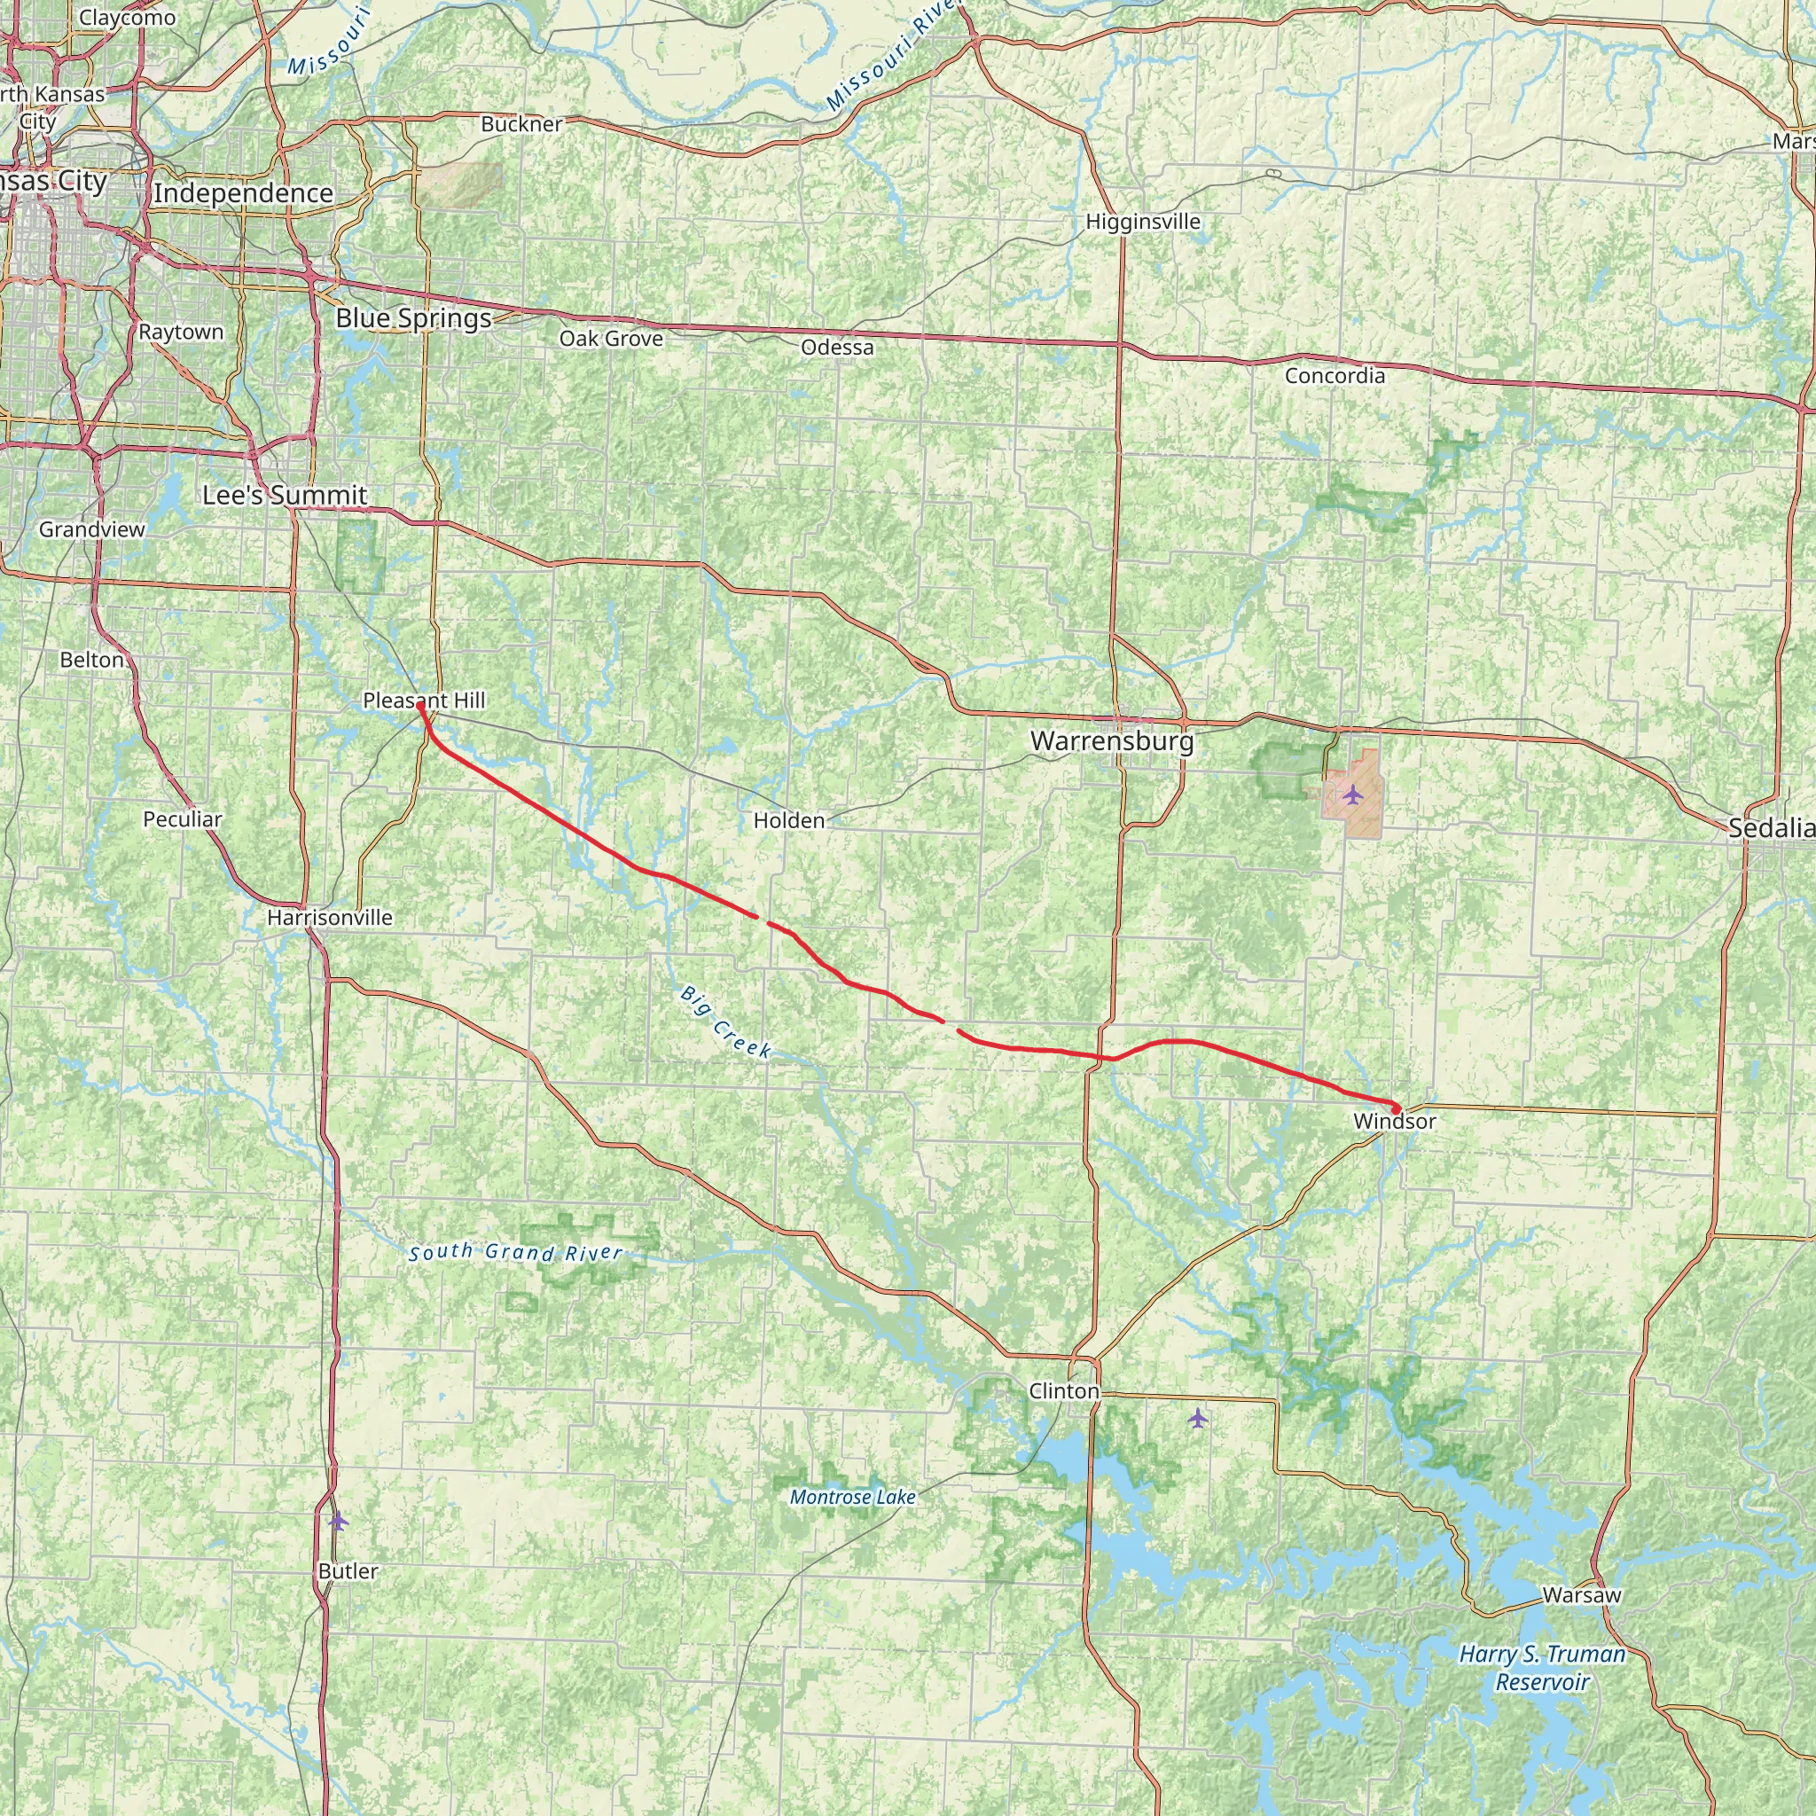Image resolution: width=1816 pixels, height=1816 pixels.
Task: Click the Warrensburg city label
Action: tap(1112, 741)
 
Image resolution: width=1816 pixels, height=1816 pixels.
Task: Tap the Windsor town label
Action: tap(1395, 1122)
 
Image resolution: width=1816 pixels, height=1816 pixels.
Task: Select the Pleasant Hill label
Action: tap(424, 701)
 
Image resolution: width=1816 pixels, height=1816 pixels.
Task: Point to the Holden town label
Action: tap(788, 820)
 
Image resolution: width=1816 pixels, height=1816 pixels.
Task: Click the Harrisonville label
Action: tap(329, 918)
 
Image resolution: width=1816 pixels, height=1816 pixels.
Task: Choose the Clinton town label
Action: tap(1063, 1391)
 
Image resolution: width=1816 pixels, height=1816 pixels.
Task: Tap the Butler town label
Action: tap(348, 1571)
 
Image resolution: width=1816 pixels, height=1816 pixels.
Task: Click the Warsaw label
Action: tap(1582, 1595)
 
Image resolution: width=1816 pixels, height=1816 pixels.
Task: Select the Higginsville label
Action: tap(1143, 222)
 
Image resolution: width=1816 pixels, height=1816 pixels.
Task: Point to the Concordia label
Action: tap(1335, 376)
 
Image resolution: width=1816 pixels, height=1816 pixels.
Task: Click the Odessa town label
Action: tap(836, 348)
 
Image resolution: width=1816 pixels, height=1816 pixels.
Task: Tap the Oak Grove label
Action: tap(611, 339)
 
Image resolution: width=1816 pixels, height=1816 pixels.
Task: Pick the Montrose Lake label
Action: tap(852, 1498)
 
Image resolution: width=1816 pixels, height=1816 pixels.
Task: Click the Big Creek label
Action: tap(725, 1021)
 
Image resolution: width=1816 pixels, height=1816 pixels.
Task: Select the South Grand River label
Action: tap(515, 1252)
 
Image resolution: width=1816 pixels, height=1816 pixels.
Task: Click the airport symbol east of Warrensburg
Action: tap(1352, 794)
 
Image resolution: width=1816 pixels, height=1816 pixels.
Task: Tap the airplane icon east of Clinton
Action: tap(1196, 1418)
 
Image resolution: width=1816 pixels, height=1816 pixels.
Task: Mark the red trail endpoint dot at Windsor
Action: tap(1396, 1108)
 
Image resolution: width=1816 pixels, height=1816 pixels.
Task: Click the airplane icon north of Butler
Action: tap(339, 1520)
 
